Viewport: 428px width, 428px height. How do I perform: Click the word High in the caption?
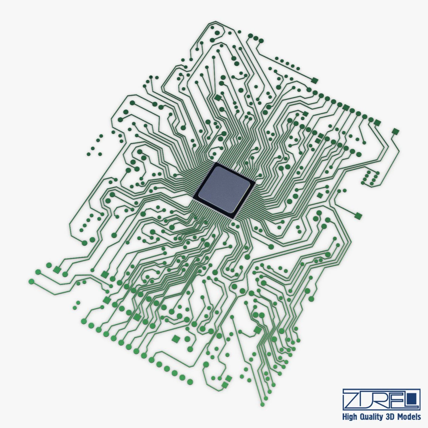point(350,417)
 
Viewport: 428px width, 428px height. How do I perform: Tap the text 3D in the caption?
point(392,417)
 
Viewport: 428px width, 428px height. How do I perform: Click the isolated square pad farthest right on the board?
point(395,132)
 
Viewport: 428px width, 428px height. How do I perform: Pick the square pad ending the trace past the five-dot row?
point(314,80)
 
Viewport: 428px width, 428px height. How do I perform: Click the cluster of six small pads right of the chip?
point(370,178)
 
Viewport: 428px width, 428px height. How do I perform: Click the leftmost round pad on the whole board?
point(31,281)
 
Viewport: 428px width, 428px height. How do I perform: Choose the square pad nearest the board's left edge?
point(56,269)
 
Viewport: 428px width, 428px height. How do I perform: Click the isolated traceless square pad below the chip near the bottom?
point(175,338)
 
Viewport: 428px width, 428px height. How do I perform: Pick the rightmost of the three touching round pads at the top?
point(261,41)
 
